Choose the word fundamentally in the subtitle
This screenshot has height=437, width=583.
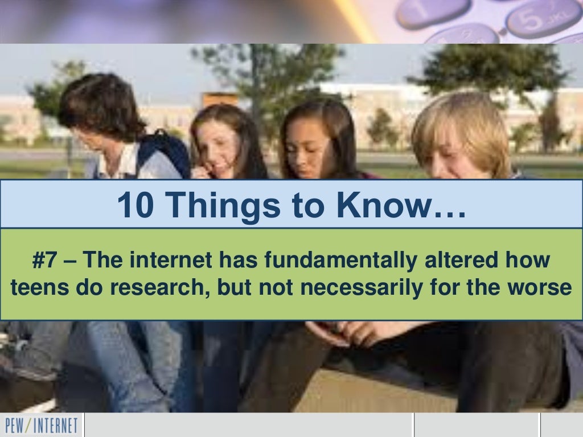pyautogui.click(x=340, y=261)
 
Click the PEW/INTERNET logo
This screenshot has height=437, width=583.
pyautogui.click(x=41, y=425)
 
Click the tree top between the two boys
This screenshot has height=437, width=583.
pyautogui.click(x=268, y=63)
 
